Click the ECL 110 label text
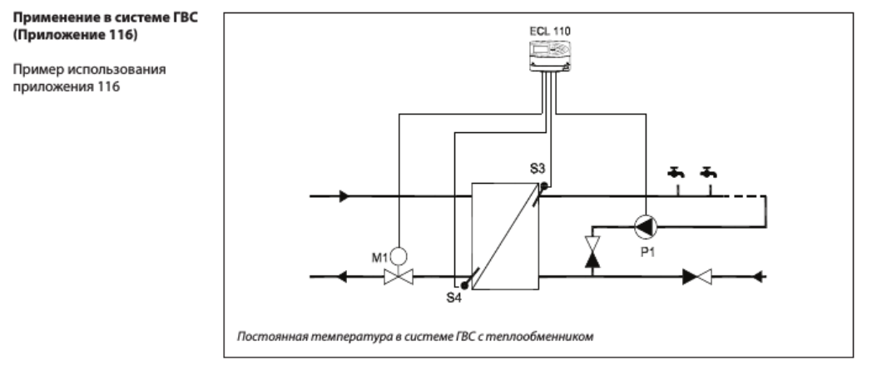(549, 32)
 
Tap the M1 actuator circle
(399, 257)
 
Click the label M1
(379, 258)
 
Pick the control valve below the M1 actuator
(399, 277)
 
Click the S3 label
(538, 168)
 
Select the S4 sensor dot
(464, 285)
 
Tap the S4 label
(454, 298)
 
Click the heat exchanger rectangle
(505, 236)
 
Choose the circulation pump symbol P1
(646, 227)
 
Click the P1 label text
(648, 253)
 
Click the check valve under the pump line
(592, 251)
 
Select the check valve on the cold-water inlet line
(697, 277)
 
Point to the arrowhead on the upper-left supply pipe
(344, 196)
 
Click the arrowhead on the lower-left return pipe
(341, 277)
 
